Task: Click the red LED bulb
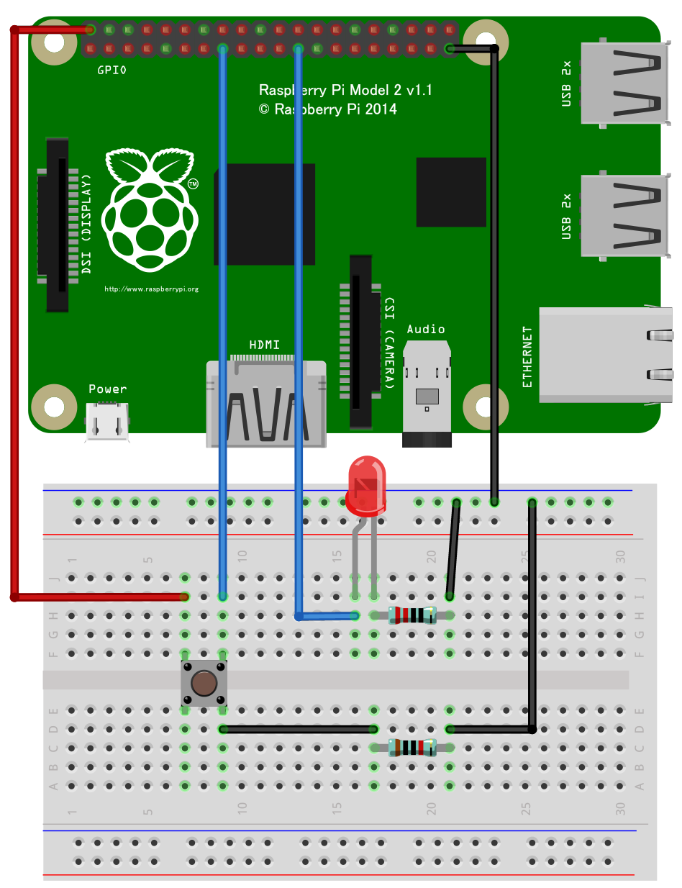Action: [x=365, y=484]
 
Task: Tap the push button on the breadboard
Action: [x=204, y=683]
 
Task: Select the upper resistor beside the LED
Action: [x=412, y=615]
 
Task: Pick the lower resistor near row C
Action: [x=412, y=748]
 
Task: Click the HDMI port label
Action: [x=264, y=345]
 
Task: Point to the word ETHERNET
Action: [x=528, y=358]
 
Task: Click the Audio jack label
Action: [x=426, y=329]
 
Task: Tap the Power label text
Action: [x=107, y=389]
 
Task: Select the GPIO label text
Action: [x=112, y=71]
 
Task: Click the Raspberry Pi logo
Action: [x=150, y=209]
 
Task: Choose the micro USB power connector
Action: [x=107, y=421]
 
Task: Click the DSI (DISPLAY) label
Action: [x=87, y=224]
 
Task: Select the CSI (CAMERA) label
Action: [x=388, y=343]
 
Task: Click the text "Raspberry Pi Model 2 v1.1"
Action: [x=345, y=90]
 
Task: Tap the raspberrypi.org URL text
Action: [x=151, y=289]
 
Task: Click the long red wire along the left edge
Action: [x=14, y=309]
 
